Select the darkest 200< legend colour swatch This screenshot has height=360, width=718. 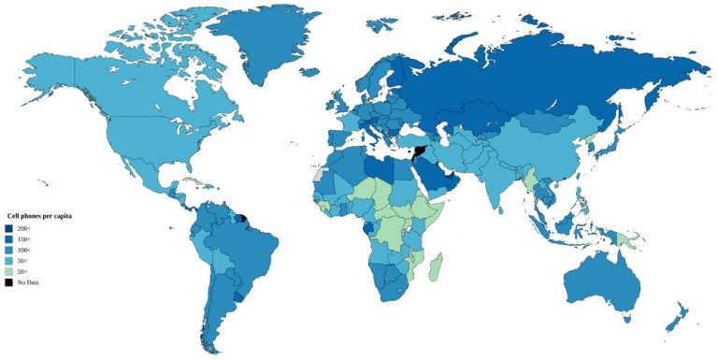(x=8, y=228)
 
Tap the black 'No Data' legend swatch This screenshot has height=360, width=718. (x=8, y=281)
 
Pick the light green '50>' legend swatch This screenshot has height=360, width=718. (x=8, y=271)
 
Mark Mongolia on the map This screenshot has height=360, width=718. (x=547, y=122)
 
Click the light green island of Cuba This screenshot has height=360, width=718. (x=192, y=180)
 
